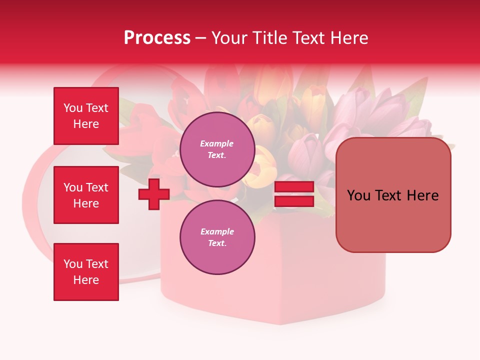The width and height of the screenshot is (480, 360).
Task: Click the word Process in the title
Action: (x=157, y=38)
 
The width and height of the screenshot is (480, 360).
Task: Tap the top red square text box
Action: (x=86, y=116)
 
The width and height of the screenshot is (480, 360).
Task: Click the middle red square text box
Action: (x=86, y=195)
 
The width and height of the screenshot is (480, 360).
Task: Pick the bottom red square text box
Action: (x=86, y=272)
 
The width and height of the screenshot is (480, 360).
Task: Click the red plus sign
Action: (x=153, y=194)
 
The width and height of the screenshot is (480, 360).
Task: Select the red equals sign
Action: (x=294, y=194)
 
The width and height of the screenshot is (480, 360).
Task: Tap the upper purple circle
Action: (x=217, y=149)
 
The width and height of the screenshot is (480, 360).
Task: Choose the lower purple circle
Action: (x=217, y=237)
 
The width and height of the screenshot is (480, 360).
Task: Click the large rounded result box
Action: (x=393, y=195)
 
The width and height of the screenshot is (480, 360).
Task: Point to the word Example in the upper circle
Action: (x=217, y=144)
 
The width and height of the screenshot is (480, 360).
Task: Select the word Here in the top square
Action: (x=86, y=124)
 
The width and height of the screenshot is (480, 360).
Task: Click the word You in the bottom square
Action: (x=72, y=264)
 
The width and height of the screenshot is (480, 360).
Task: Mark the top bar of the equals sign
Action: (x=294, y=187)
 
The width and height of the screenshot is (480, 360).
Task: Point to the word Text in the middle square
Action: (x=97, y=187)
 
